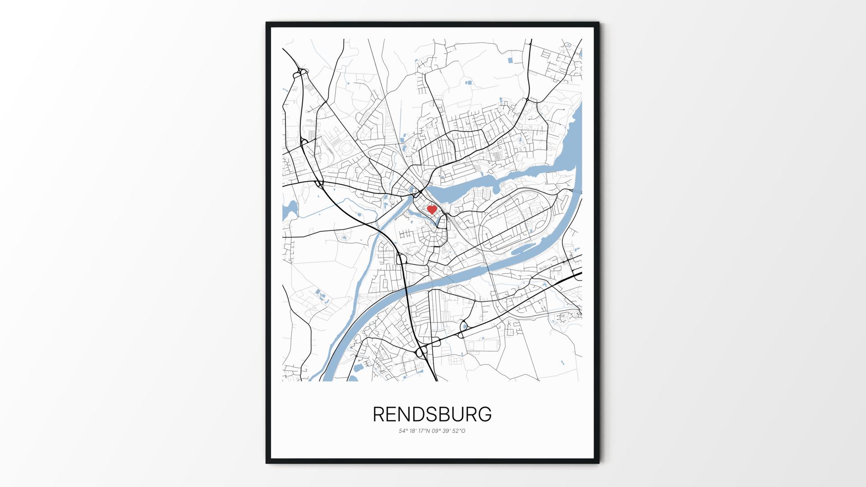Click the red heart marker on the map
pos(432,209)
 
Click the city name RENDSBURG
pos(432,414)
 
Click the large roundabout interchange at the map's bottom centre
pos(422,351)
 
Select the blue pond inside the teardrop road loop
pos(464,326)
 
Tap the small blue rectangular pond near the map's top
pos(510,60)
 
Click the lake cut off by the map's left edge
pos(289,210)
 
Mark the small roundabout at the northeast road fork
pos(527,99)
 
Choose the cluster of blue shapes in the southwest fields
pos(321,296)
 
